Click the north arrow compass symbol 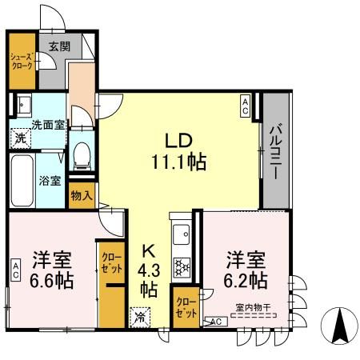pos(339,326)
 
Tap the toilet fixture pos(82,157)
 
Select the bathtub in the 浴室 pos(22,181)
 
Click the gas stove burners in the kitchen pos(182,266)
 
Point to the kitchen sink pos(182,234)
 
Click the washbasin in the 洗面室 pos(24,105)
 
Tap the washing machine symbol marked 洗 pos(21,138)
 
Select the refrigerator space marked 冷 pos(140,318)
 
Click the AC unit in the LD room pos(245,106)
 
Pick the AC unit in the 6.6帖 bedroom pos(16,270)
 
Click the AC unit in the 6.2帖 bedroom pos(216,322)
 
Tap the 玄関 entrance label pos(59,46)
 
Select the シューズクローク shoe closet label pos(22,62)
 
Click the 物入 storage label pos(82,196)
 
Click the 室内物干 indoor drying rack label pos(253,307)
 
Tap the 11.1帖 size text pos(179,162)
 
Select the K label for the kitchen pos(148,251)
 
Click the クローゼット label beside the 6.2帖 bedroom pos(186,308)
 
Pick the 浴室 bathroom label pos(50,181)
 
